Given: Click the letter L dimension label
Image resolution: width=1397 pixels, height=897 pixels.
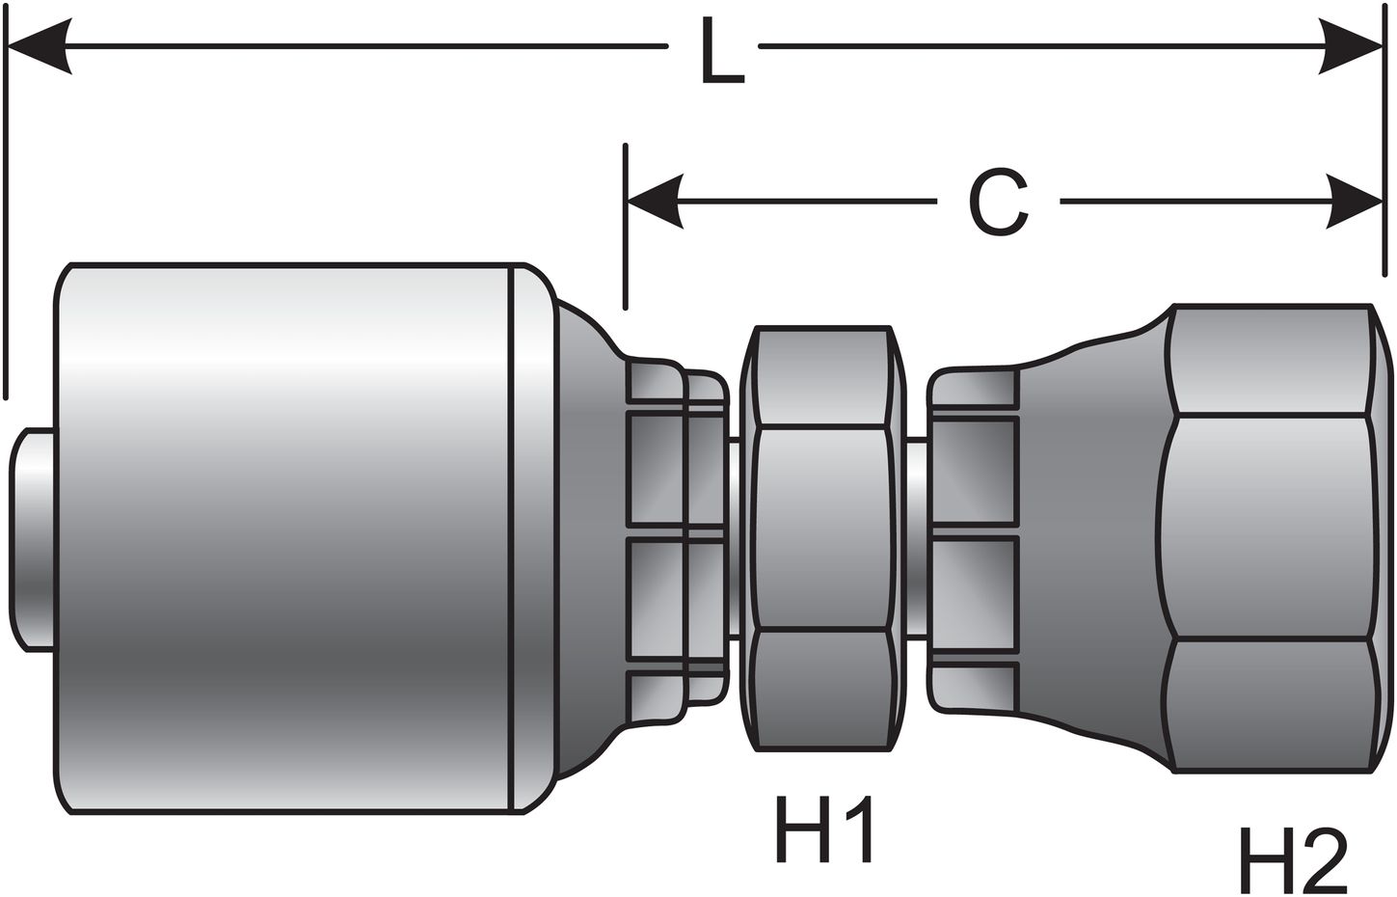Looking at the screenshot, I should pyautogui.click(x=720, y=58).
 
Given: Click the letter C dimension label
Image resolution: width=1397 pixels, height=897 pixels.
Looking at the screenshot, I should pyautogui.click(x=997, y=204).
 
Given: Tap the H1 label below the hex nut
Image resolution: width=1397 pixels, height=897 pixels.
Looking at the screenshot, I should pyautogui.click(x=824, y=829).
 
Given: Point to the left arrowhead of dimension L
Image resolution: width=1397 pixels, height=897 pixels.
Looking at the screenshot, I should pyautogui.click(x=39, y=45).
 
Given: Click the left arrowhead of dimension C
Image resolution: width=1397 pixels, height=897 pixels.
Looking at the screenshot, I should pyautogui.click(x=656, y=202).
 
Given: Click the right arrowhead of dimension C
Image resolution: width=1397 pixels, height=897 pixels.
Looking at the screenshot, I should pyautogui.click(x=1354, y=202).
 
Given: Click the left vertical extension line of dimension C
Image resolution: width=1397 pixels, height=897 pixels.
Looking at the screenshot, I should pyautogui.click(x=626, y=227).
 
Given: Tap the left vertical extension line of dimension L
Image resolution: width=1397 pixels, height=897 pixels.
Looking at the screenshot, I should pyautogui.click(x=6, y=212).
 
